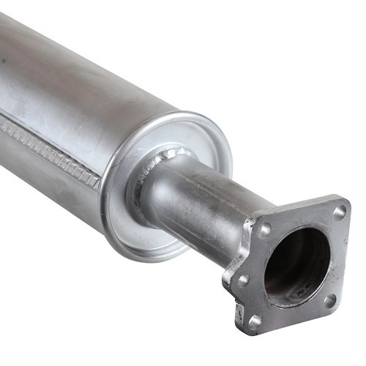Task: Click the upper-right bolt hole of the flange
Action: coord(340,212)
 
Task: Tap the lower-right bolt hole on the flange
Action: coord(330,300)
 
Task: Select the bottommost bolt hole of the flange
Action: coord(255,320)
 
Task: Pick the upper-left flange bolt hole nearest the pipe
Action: coord(265,228)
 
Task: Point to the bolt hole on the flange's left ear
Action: coord(242,279)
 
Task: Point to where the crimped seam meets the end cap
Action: coord(101,179)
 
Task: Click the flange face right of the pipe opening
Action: coord(337,256)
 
